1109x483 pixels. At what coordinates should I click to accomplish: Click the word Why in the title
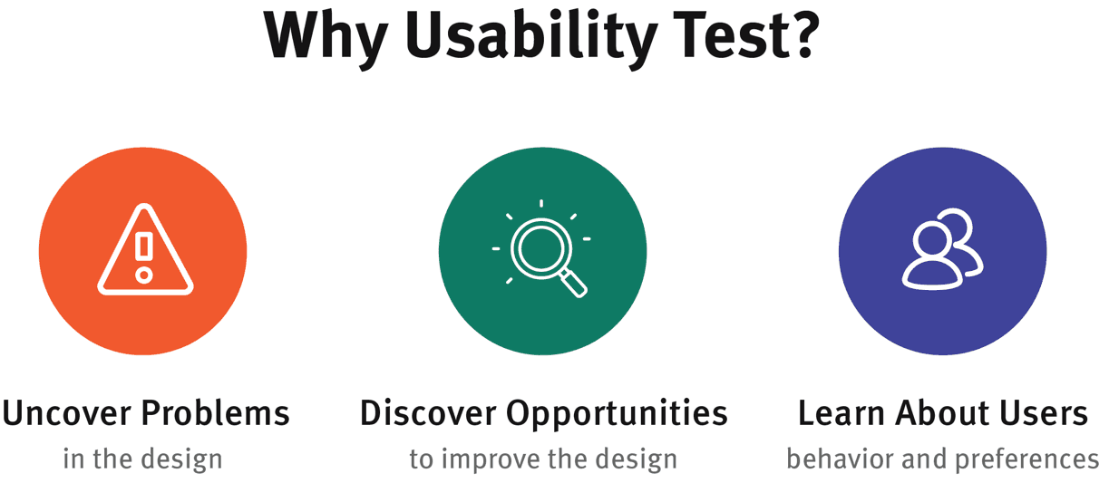[326, 40]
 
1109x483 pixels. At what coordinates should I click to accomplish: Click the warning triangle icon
[145, 249]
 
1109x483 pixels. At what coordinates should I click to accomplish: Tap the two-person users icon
[942, 249]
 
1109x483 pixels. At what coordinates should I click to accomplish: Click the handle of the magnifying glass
[574, 284]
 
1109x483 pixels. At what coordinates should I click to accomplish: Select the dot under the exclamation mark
[144, 275]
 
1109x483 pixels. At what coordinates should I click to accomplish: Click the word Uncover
[68, 413]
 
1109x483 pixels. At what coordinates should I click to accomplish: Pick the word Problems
[216, 413]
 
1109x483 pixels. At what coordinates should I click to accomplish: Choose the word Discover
[428, 413]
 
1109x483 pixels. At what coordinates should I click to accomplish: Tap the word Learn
[841, 413]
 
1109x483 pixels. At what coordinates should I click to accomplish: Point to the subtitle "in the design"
[142, 459]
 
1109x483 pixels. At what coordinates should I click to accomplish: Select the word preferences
[1027, 460]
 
